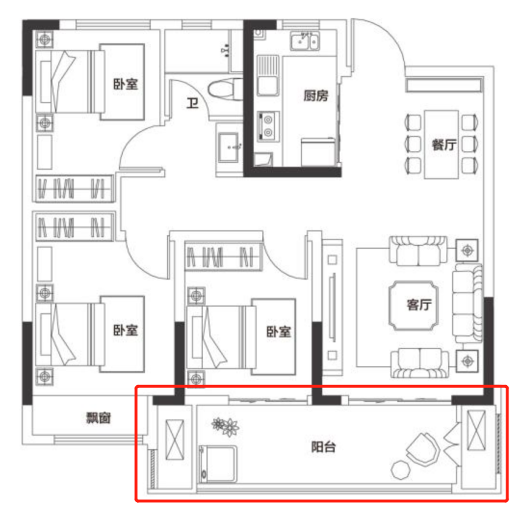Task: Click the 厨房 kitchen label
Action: click(x=316, y=96)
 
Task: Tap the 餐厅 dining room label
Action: click(x=444, y=145)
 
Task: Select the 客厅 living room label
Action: click(x=419, y=305)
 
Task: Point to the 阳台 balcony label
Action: click(x=323, y=447)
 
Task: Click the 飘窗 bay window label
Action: click(x=98, y=418)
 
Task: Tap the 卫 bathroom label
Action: click(x=192, y=103)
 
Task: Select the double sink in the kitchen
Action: click(x=305, y=41)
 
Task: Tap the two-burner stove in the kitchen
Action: click(x=268, y=126)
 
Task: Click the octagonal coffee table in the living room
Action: click(x=414, y=305)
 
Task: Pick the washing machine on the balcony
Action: click(x=218, y=464)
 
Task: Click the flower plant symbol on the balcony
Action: click(x=225, y=426)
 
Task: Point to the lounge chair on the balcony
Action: click(x=423, y=449)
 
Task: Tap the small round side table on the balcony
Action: click(x=401, y=470)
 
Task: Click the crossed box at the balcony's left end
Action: click(x=175, y=439)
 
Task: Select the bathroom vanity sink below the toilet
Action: click(x=229, y=147)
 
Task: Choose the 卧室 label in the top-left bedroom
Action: click(x=126, y=84)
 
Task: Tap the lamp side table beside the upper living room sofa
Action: click(x=467, y=250)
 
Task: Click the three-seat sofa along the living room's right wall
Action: click(x=467, y=302)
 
